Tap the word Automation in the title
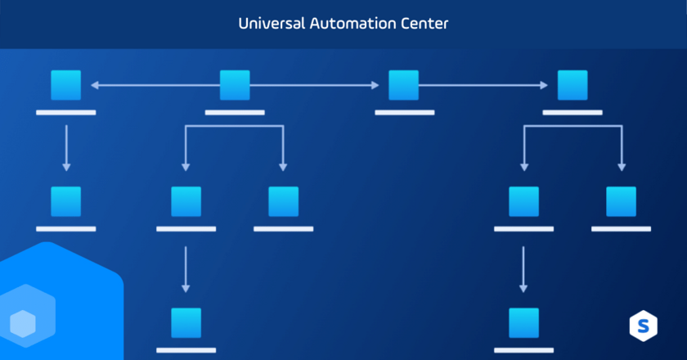[x=352, y=24]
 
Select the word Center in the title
[x=424, y=24]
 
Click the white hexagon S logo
[x=643, y=325]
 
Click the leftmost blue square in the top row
[x=66, y=84]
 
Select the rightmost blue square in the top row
[x=572, y=84]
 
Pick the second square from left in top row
[x=235, y=84]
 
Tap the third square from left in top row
[x=404, y=84]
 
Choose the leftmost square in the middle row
[x=66, y=201]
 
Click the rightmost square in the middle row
[x=621, y=201]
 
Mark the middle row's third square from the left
[x=283, y=201]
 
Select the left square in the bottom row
[x=186, y=322]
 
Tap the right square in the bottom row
[x=523, y=322]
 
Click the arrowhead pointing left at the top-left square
[x=94, y=84]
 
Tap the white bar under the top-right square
[x=572, y=112]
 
